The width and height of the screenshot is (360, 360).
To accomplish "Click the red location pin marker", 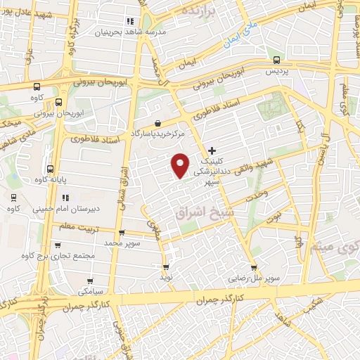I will click(180, 165).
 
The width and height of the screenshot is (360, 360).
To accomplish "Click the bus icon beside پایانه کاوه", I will click(50, 169).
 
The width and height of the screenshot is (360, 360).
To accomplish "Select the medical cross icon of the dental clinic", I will click(212, 150).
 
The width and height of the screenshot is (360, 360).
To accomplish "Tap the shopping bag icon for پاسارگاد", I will click(162, 123).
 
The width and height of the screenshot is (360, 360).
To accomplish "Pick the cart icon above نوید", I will click(167, 267).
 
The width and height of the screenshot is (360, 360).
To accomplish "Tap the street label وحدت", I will click(257, 191).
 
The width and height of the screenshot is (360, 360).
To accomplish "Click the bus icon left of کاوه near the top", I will click(37, 86).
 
